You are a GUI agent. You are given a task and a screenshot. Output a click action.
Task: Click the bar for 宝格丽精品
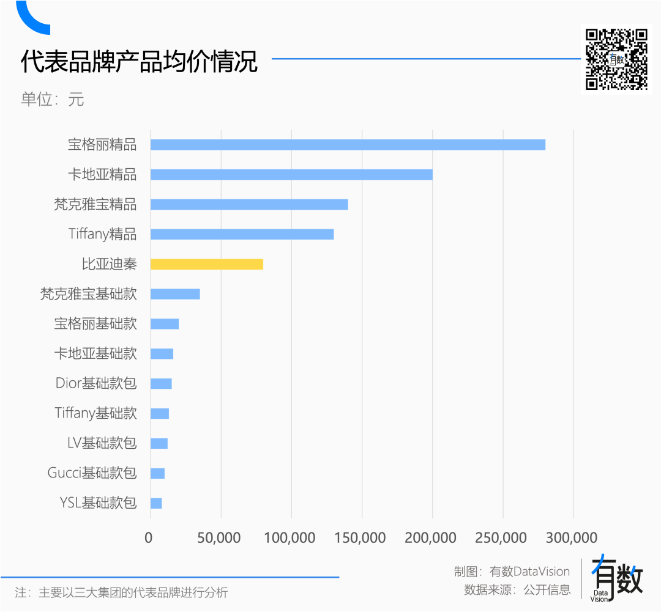(348, 145)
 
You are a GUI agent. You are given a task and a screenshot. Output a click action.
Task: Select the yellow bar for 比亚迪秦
(207, 264)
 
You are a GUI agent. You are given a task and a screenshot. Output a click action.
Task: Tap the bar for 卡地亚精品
(291, 175)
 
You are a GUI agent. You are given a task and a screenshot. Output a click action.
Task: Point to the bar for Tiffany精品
(242, 234)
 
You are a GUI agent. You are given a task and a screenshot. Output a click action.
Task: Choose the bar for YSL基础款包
(156, 503)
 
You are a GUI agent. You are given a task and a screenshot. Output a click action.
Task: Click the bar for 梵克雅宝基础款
(175, 294)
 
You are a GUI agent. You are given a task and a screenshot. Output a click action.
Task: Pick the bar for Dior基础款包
(161, 384)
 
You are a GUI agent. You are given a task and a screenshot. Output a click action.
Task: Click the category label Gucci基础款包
(92, 473)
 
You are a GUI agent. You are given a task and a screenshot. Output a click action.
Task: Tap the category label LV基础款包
(102, 443)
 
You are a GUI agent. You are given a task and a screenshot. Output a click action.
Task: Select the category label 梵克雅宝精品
(95, 204)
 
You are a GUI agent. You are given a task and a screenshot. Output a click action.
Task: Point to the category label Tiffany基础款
(95, 413)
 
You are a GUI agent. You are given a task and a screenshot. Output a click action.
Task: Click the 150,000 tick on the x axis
(361, 538)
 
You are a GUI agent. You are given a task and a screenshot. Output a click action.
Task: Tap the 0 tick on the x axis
(149, 538)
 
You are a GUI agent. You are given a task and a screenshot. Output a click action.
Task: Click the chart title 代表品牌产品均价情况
(140, 62)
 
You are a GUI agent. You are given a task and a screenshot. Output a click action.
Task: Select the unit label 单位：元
(53, 99)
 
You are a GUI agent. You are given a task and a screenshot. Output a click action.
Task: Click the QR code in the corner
(616, 59)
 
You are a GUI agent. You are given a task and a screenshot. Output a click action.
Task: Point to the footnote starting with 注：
(121, 592)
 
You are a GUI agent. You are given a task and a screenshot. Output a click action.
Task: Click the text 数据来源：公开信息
(517, 590)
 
